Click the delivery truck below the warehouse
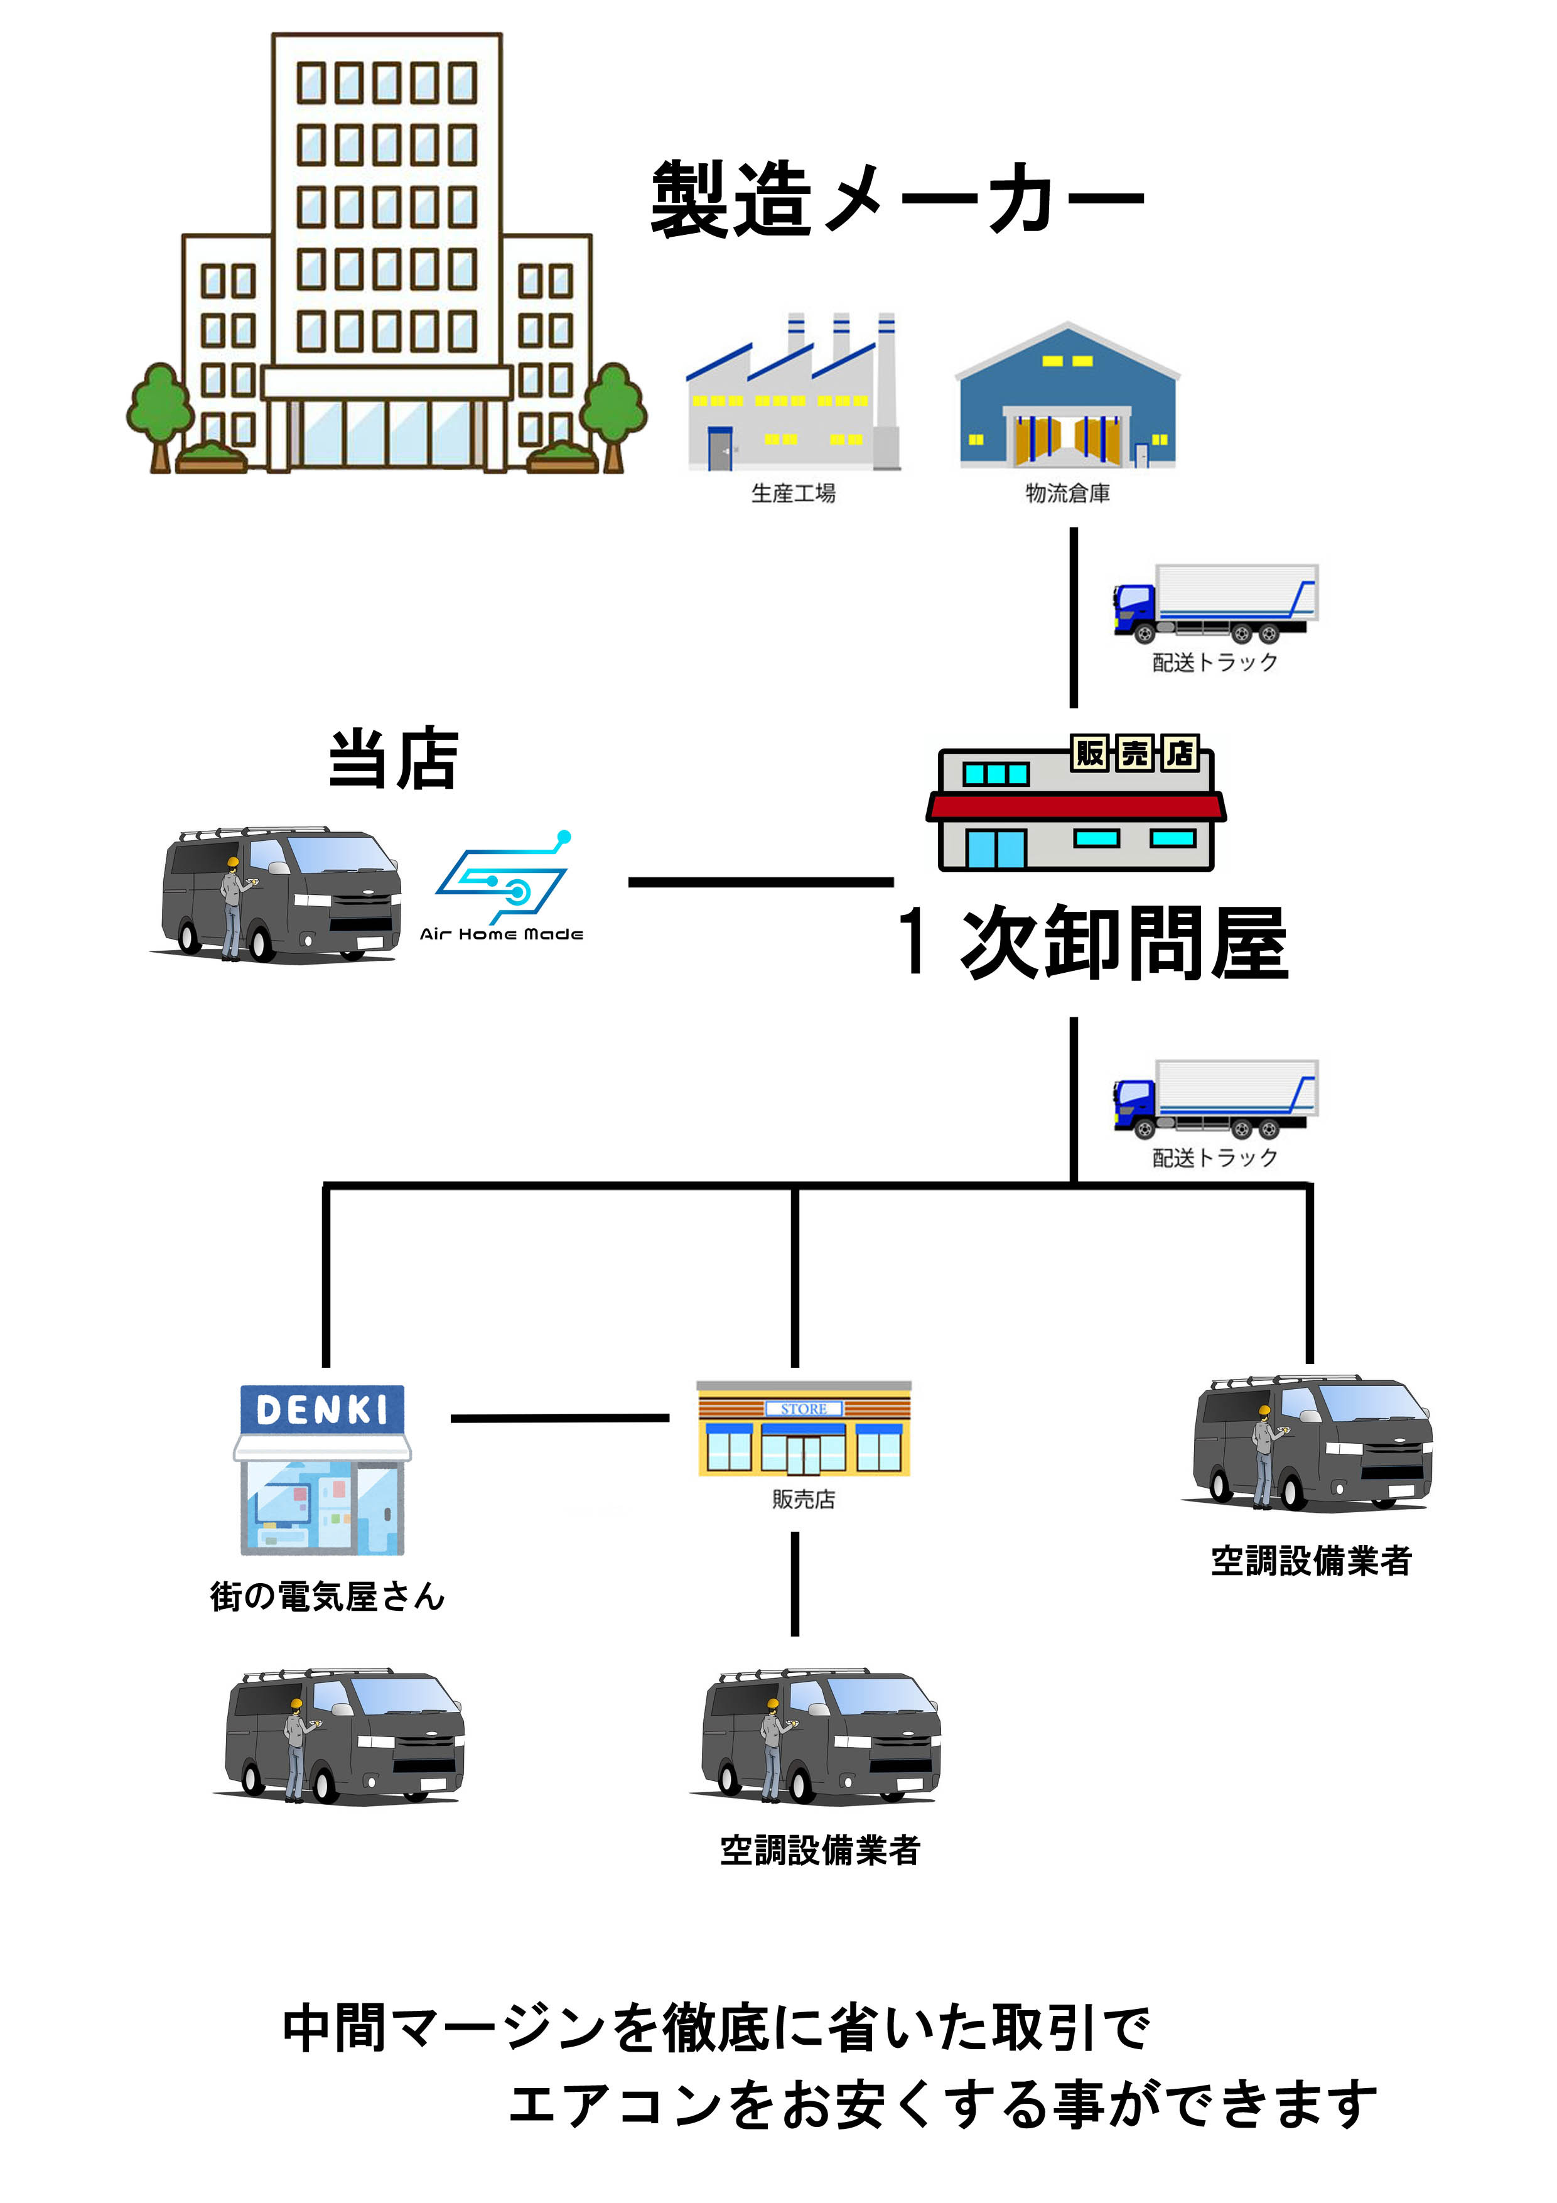1214,604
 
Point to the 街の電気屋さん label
327,1596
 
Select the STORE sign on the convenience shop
803,1409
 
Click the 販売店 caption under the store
803,1499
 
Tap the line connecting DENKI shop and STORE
559,1417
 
